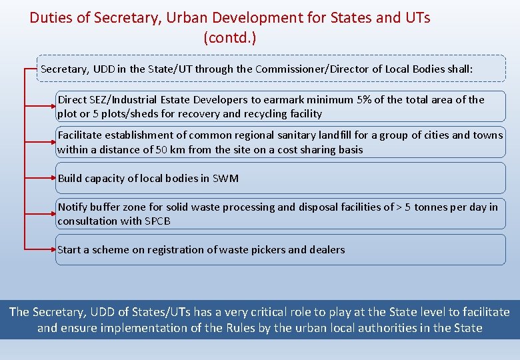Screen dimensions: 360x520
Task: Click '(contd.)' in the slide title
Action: [229, 38]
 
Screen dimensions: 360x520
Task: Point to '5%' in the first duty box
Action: [364, 100]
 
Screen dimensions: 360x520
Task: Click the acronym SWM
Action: [225, 178]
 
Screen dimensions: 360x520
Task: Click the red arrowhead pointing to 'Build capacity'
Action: [54, 178]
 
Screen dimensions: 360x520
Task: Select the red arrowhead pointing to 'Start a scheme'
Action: [54, 250]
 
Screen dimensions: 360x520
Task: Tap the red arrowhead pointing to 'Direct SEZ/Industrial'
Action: [54, 105]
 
